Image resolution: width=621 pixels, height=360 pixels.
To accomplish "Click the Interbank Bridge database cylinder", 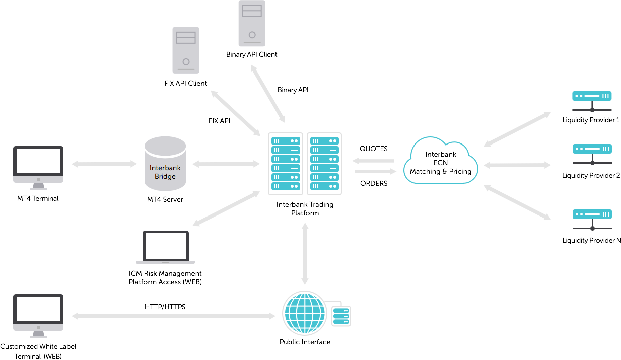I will pos(165,164).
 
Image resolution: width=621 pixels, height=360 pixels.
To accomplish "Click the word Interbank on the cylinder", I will pos(165,168).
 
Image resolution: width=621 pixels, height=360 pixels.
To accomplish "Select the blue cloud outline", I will pos(441,161).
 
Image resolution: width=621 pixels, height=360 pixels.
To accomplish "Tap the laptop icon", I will pos(165,247).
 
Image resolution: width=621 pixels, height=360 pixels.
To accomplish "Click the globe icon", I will pos(304,313).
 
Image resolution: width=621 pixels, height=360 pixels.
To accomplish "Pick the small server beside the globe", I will pos(341,316).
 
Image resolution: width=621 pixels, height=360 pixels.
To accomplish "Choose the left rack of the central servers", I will pos(286,164).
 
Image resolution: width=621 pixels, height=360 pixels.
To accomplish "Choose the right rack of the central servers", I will pos(324,164).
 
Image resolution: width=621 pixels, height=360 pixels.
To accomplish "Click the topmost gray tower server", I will pos(252,23).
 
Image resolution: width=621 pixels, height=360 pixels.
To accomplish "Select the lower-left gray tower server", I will pos(186,50).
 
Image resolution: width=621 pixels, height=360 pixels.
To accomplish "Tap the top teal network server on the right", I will pos(592,96).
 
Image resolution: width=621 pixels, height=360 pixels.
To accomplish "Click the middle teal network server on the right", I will pos(592,149).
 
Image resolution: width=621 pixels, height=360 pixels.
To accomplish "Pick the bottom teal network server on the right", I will pos(592,214).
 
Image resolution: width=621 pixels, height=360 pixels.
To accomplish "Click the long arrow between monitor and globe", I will pos(173,316).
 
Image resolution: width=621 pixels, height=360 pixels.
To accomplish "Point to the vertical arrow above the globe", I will pos(305,254).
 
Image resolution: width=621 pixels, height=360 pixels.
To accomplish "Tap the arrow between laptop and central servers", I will pos(226,208).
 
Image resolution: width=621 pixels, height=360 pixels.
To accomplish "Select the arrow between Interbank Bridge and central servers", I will pos(226,164).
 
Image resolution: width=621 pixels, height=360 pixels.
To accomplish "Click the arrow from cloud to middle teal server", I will pos(517,165).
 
